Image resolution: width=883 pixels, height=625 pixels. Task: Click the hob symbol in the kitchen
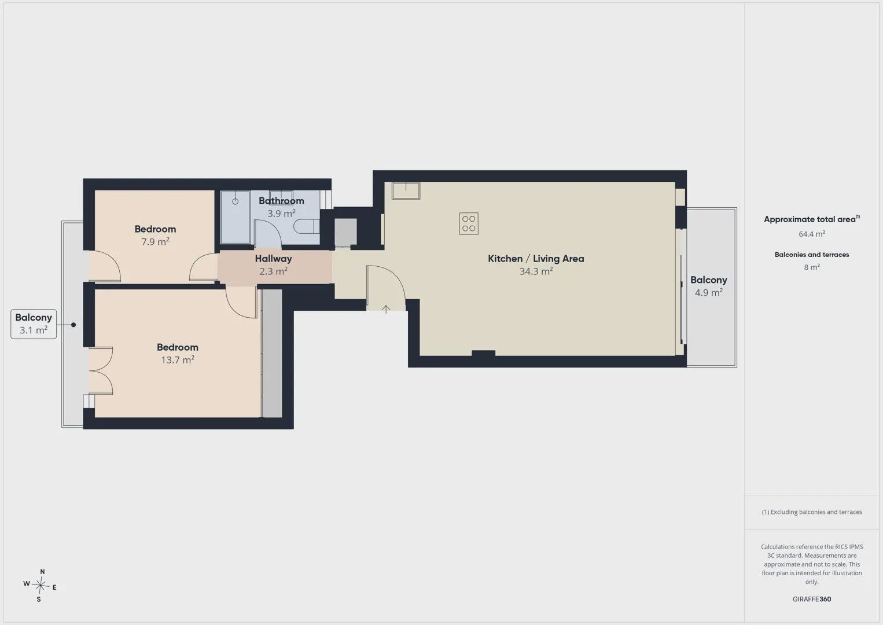[x=469, y=223]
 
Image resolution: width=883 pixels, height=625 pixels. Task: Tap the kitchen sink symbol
[x=406, y=191]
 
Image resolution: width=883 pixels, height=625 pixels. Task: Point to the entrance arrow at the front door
[x=386, y=309]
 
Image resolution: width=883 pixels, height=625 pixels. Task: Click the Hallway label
[x=273, y=259]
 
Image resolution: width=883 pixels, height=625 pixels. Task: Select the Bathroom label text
[x=281, y=201]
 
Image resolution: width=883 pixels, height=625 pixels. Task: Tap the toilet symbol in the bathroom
[x=306, y=226]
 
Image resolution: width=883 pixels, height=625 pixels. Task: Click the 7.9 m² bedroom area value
[x=155, y=241]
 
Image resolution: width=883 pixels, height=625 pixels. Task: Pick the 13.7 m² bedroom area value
[x=178, y=359]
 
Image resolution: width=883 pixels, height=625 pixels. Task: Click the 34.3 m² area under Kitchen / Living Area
[x=536, y=271]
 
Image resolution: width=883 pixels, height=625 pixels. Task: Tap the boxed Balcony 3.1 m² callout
[x=34, y=324]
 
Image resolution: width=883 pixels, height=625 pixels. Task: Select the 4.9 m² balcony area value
[x=708, y=292]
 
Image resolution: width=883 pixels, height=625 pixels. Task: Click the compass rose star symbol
[x=40, y=586]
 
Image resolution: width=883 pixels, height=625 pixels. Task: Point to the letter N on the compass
[x=42, y=572]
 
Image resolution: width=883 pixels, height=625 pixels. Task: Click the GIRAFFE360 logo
[x=812, y=599]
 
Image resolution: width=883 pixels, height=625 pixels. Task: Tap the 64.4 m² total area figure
[x=812, y=234]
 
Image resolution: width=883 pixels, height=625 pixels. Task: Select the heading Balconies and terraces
[x=812, y=255]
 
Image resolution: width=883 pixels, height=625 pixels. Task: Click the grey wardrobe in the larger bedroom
[x=271, y=354]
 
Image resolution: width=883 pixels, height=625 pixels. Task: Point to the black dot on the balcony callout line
[x=73, y=325]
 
